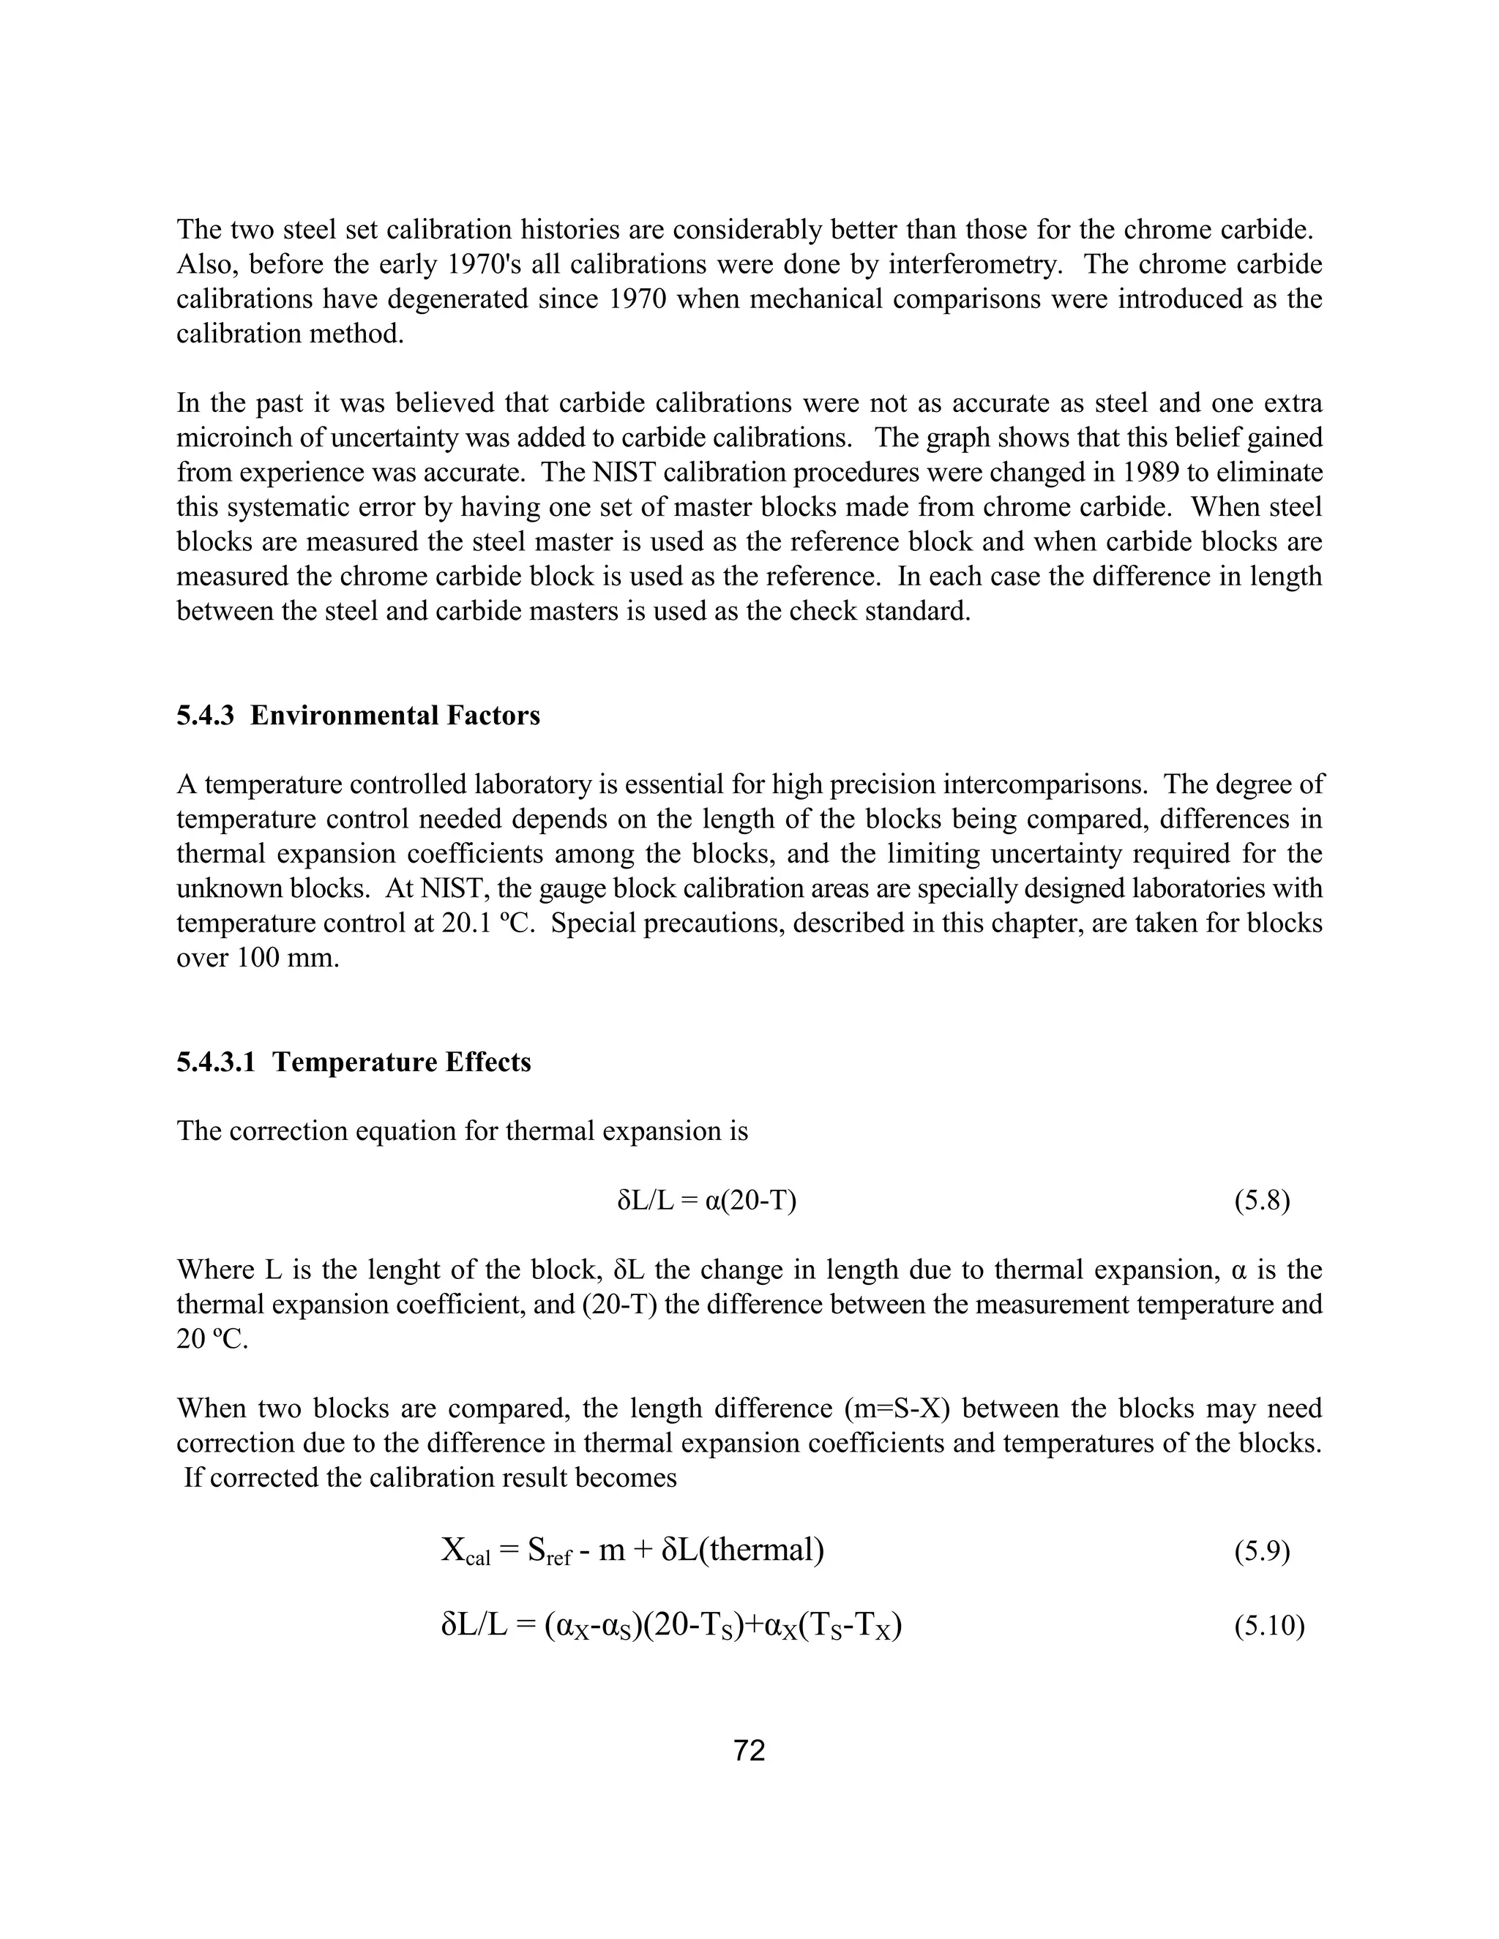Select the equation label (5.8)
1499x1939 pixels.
click(x=1261, y=1201)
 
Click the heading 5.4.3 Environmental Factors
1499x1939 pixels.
click(x=358, y=716)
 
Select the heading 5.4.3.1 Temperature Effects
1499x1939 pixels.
click(x=354, y=1062)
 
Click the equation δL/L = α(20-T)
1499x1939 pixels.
click(x=706, y=1201)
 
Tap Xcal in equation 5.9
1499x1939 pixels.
click(x=466, y=1552)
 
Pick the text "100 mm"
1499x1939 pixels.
click(x=288, y=959)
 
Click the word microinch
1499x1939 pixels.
click(x=234, y=438)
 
